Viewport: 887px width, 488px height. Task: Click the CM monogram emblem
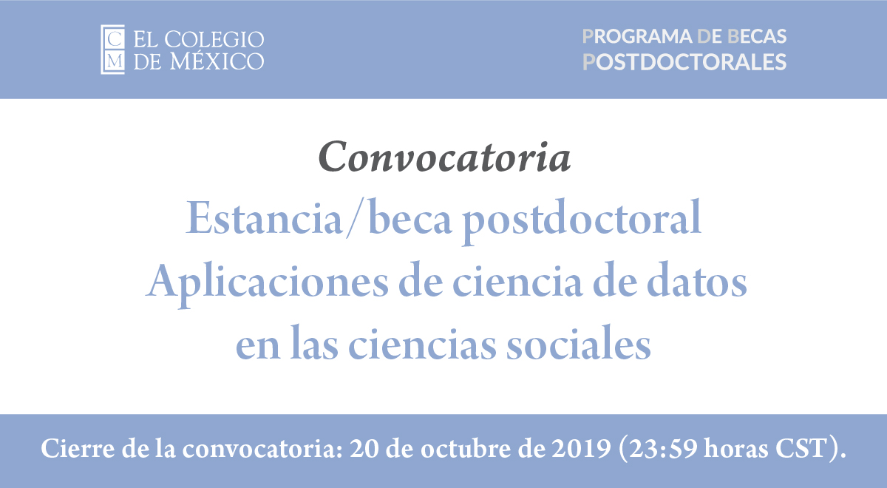113,50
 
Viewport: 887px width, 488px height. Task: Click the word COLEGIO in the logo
214,39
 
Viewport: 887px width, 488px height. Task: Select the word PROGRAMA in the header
637,36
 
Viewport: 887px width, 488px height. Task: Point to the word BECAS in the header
757,36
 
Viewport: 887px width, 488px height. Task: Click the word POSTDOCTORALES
684,62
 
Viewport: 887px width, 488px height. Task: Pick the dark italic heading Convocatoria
444,157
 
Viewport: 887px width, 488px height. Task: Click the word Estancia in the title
264,219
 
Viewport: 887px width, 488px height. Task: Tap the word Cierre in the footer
77,448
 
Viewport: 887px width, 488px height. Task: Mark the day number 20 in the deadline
364,449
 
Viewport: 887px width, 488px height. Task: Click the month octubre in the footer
466,448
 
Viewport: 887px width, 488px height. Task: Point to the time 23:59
663,449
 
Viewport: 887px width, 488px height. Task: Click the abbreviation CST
801,449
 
